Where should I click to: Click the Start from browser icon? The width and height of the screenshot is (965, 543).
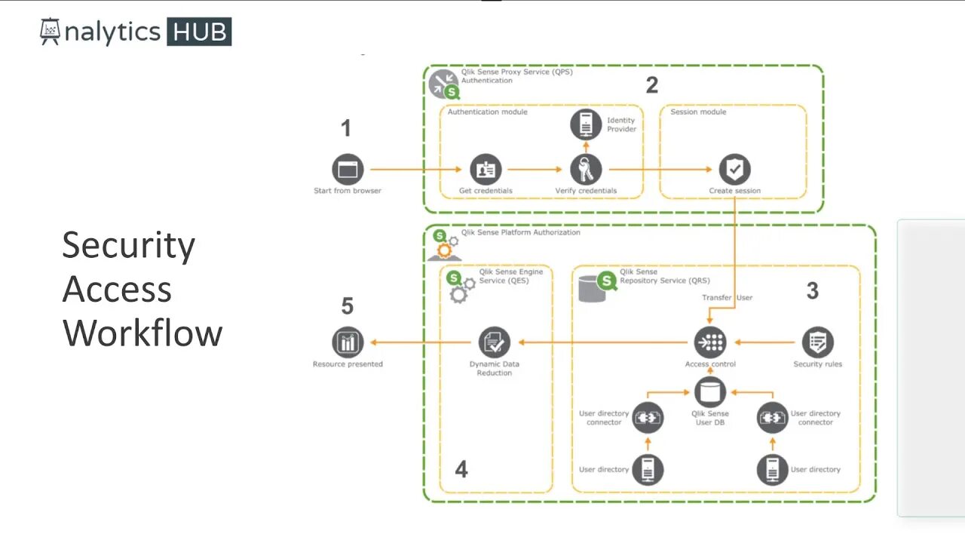tap(348, 170)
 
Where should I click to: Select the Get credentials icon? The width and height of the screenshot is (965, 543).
tap(486, 170)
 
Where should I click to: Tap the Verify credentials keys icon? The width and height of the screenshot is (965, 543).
tap(586, 170)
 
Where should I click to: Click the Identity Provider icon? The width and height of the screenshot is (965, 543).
tap(586, 124)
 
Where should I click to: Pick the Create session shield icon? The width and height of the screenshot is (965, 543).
tap(734, 170)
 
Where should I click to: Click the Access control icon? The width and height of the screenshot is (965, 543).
tap(710, 342)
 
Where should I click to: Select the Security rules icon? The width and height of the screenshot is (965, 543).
tap(817, 342)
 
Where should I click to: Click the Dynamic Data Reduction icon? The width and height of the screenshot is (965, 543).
tap(495, 342)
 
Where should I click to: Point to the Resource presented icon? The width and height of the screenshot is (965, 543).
tap(348, 342)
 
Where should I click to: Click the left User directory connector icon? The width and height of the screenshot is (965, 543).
tap(648, 417)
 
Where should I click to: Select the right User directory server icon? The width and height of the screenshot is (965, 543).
tap(773, 470)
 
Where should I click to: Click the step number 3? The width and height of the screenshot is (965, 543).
tap(812, 291)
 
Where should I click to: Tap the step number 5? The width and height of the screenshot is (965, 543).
tap(348, 306)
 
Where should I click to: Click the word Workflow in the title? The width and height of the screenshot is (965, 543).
tap(142, 333)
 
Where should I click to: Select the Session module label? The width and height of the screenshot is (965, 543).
tap(698, 112)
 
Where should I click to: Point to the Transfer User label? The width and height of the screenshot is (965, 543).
tap(727, 297)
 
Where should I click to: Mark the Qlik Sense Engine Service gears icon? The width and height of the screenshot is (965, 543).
tap(460, 287)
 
